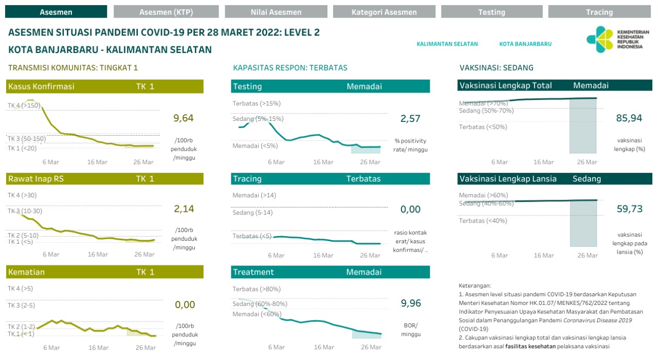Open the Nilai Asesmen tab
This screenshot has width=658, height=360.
[x=276, y=12]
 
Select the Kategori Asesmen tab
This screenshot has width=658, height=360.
[x=384, y=12]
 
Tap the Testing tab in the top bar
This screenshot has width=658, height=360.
[x=491, y=12]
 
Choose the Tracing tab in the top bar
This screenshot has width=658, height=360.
[x=599, y=12]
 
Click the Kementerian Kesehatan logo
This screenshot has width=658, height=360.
[x=617, y=39]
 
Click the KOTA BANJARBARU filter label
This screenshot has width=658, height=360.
[x=525, y=44]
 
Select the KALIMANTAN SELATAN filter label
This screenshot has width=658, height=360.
[x=447, y=44]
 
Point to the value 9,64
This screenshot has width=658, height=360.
[x=184, y=118]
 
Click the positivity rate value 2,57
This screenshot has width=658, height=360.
[x=410, y=119]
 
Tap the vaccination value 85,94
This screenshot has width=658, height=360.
[x=629, y=118]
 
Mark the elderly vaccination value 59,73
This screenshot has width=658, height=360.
[x=629, y=209]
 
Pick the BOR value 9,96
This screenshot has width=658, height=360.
[x=410, y=303]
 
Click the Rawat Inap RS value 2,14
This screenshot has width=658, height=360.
[x=184, y=209]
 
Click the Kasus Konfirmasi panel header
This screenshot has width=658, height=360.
[x=105, y=86]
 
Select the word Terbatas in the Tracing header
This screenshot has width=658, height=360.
[x=363, y=179]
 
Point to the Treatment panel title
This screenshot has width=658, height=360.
[x=253, y=272]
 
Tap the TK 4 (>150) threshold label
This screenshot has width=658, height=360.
[x=24, y=105]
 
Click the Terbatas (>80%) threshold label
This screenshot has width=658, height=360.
[x=257, y=289]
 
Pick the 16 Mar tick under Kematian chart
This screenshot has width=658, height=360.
[x=98, y=348]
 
